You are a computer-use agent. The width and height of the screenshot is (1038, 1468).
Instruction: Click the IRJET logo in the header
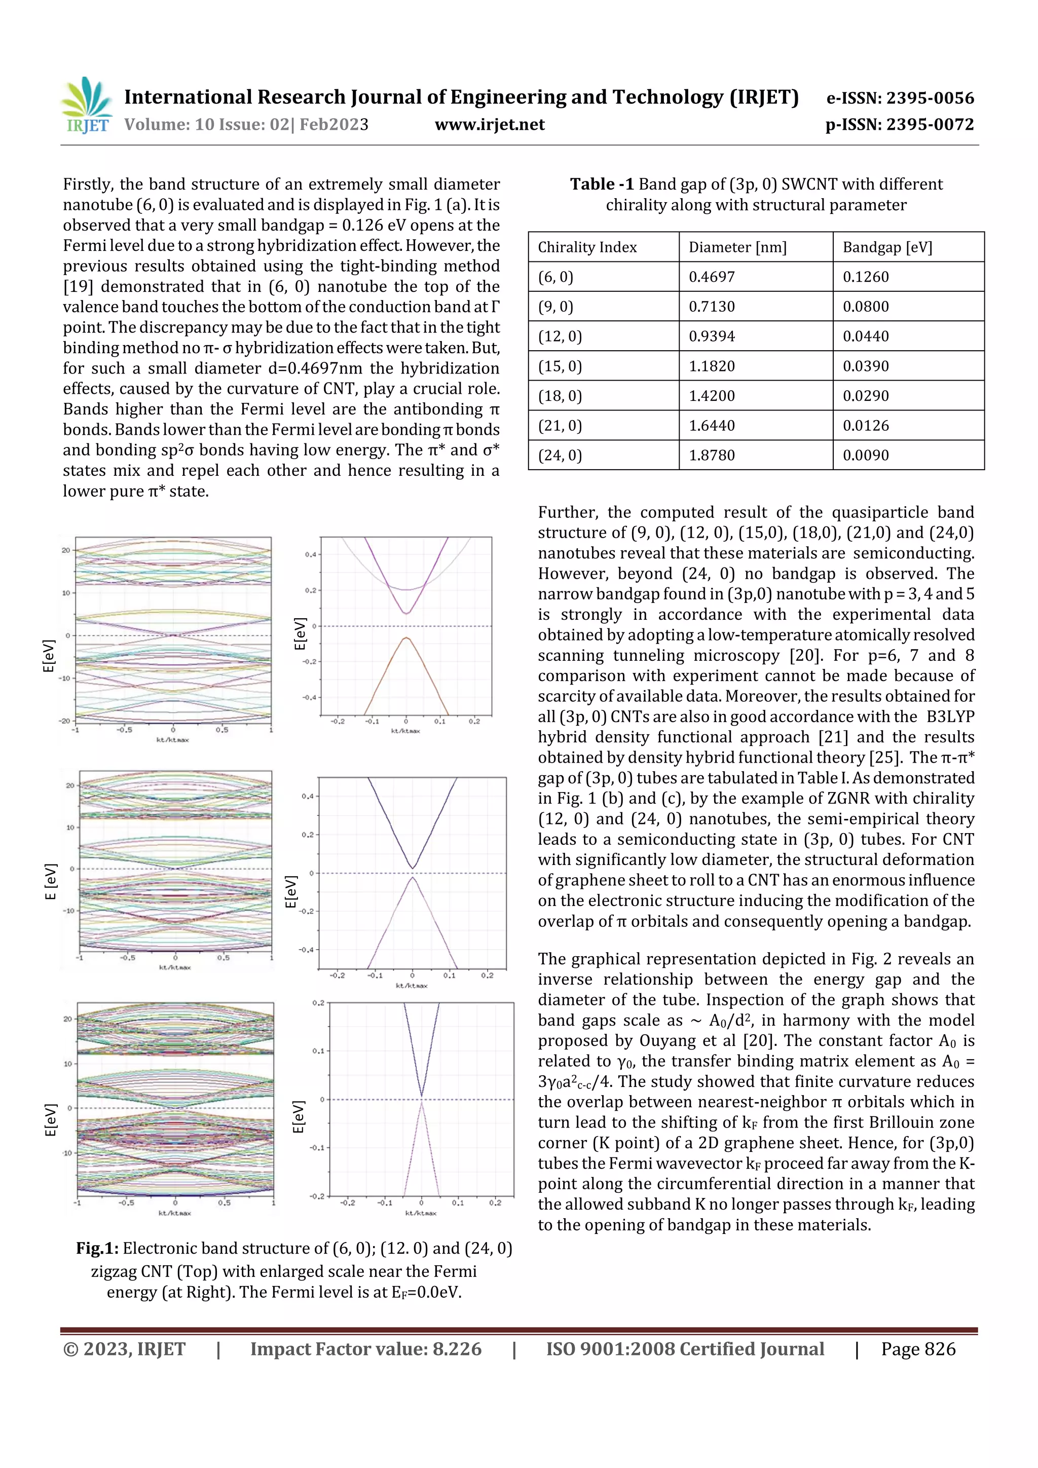[x=86, y=105]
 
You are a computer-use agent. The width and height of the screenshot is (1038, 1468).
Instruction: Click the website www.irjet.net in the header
[x=489, y=125]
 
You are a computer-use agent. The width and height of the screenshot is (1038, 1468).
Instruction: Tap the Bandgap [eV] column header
[x=887, y=247]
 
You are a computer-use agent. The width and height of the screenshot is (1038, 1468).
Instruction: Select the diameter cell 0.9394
[x=711, y=336]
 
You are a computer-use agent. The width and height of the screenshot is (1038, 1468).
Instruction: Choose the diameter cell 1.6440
[x=711, y=426]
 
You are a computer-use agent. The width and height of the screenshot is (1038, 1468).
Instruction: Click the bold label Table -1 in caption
[x=601, y=184]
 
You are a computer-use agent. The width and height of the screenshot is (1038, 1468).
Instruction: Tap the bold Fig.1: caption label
[x=97, y=1248]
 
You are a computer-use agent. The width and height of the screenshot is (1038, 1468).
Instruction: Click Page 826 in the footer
[x=918, y=1349]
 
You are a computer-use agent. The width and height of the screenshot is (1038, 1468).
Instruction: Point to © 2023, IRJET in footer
[x=125, y=1349]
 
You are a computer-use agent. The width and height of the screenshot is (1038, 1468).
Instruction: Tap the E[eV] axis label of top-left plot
[x=49, y=656]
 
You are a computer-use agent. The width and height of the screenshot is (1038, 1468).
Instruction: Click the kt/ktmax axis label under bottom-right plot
[x=421, y=1213]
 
